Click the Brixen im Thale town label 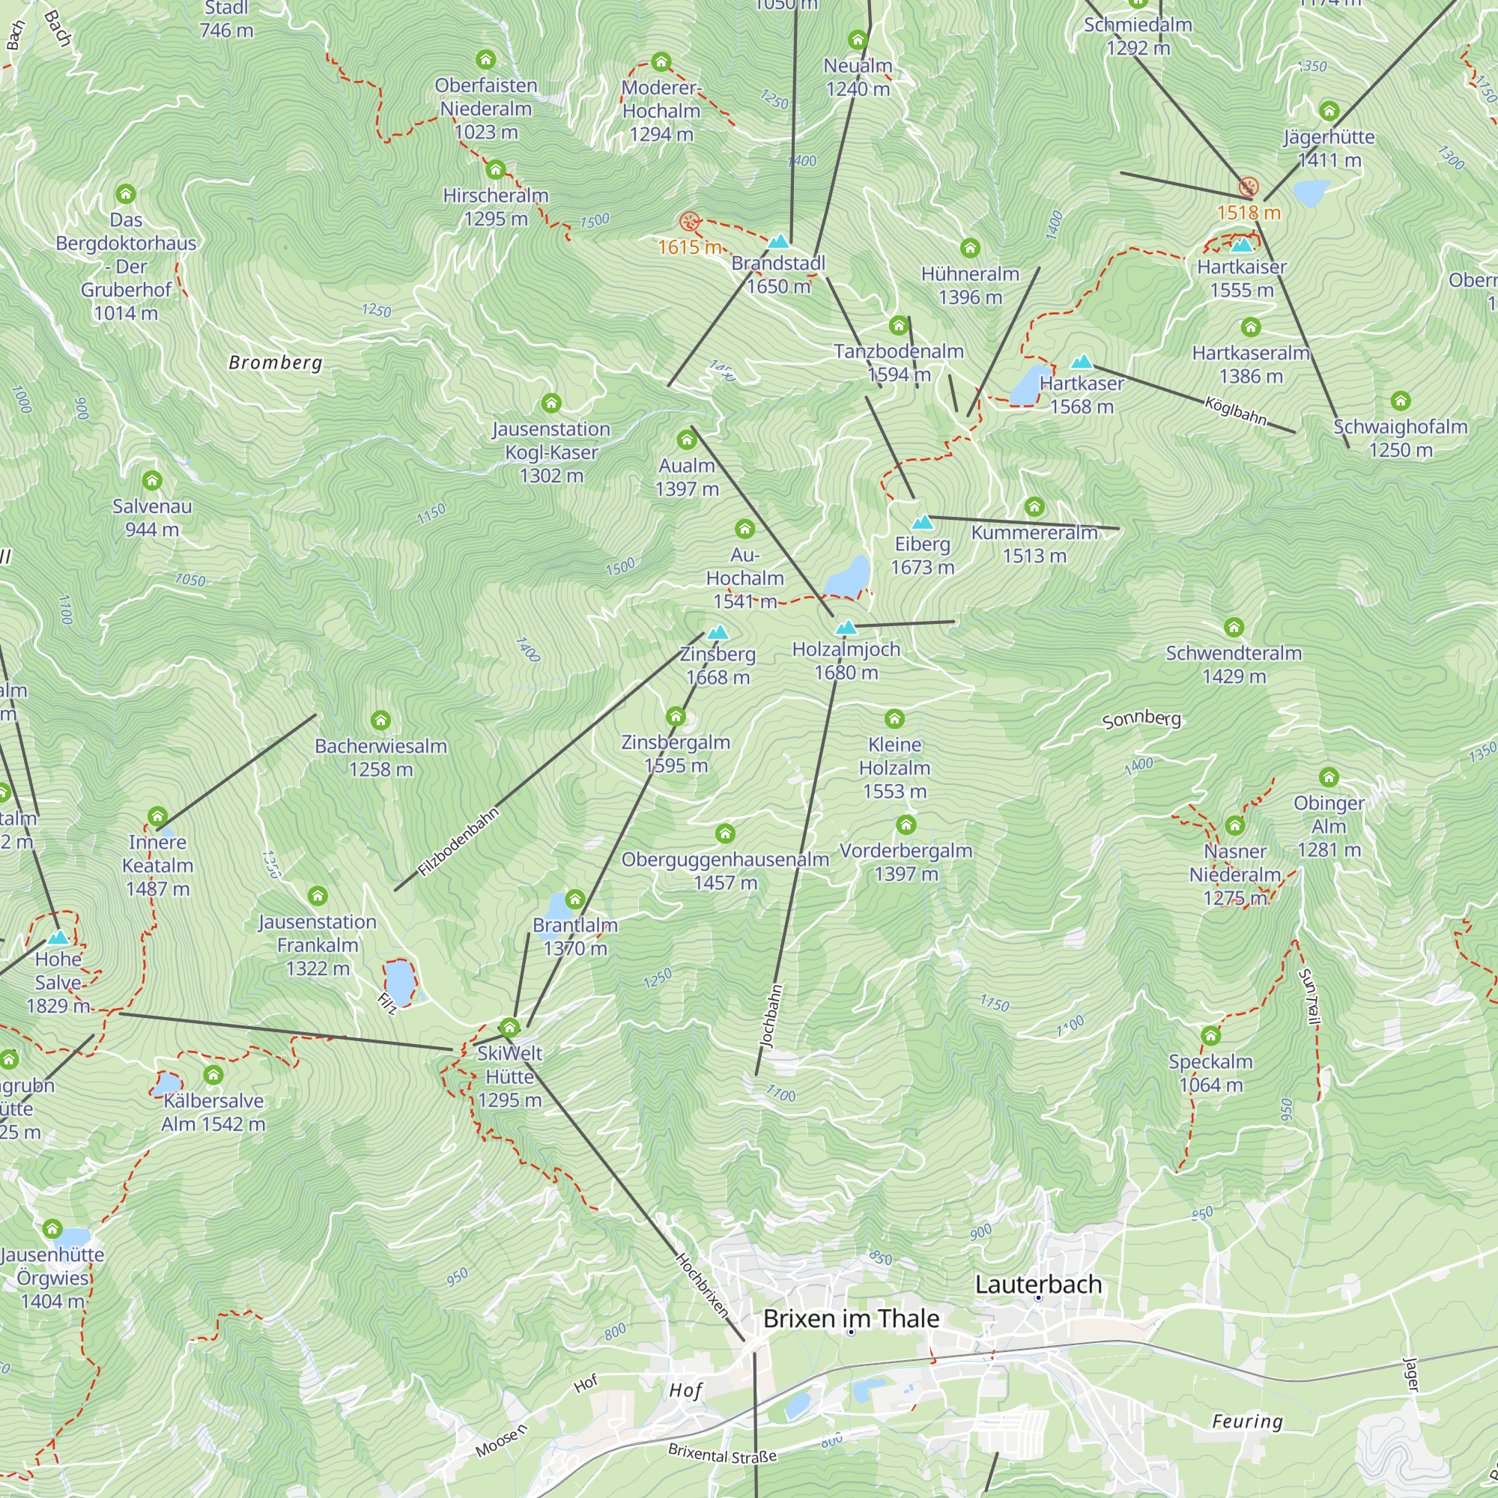851,1319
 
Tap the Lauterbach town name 1038,1284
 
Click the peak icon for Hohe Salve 58,938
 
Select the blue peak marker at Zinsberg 718,633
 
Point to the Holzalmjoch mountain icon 846,628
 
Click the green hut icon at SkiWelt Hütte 509,1028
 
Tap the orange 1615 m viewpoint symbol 688,222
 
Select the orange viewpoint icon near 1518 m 1249,186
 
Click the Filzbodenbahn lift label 458,843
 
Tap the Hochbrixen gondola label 703,1285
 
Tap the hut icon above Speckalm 1210,1035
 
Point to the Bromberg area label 275,362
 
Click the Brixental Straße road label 722,1455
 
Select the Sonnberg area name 1141,719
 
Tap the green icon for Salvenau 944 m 152,481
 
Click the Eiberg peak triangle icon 922,523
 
